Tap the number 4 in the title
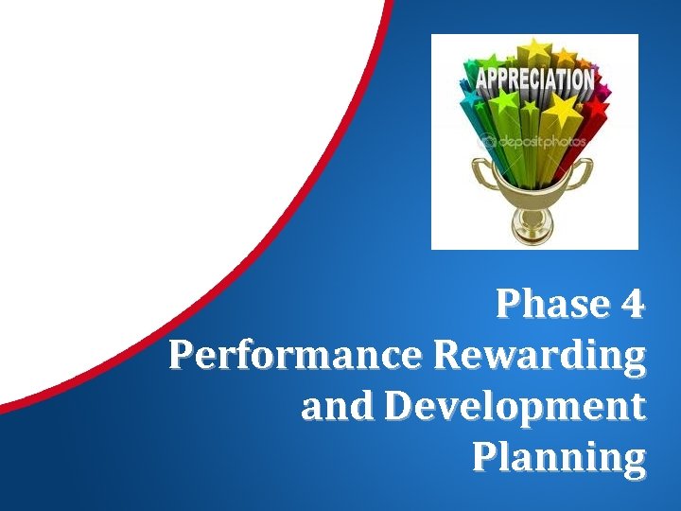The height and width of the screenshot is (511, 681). click(633, 306)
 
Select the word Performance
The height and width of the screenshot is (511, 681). click(297, 356)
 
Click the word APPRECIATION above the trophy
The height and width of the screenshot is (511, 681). click(534, 78)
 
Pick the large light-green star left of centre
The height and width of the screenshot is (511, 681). click(503, 101)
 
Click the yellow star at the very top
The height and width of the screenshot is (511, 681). click(536, 48)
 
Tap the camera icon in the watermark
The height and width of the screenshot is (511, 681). click(489, 142)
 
